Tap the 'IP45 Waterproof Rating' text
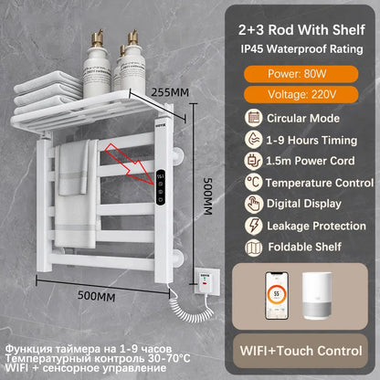click(x=302, y=44)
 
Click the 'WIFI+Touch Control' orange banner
click(x=302, y=350)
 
